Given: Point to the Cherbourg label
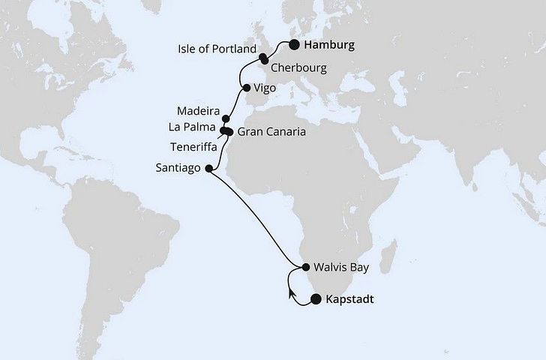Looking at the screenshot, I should click(299, 68).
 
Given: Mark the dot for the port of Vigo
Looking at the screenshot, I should click(247, 87).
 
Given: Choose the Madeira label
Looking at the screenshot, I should click(199, 108).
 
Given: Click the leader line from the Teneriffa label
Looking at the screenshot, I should click(223, 139).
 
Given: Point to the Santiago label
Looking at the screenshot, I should click(178, 169).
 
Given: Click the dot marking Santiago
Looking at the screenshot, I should click(208, 169).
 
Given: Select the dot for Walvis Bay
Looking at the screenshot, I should click(306, 266).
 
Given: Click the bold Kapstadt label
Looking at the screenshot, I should click(350, 300).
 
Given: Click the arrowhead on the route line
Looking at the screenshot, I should click(290, 292).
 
